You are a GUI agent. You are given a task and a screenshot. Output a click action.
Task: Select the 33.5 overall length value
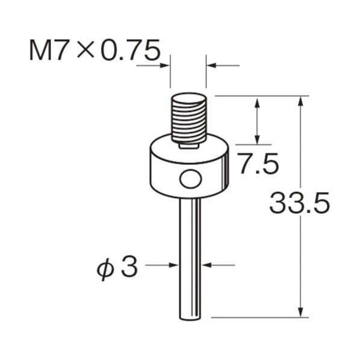click(x=299, y=203)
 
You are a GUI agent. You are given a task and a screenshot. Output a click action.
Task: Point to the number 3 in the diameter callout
click(x=128, y=267)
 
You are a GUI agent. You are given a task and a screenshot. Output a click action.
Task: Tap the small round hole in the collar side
click(x=190, y=179)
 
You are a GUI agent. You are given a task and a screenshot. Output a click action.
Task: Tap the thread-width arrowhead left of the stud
click(x=166, y=64)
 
